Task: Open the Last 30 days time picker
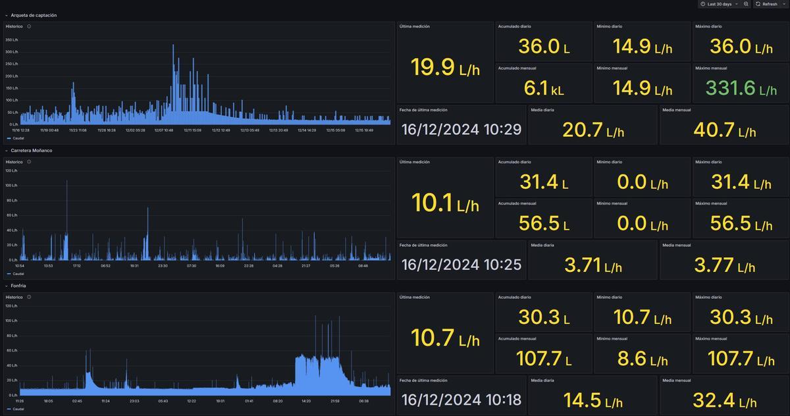pos(719,4)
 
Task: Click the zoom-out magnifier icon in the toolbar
pos(746,4)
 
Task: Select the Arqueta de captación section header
pos(34,15)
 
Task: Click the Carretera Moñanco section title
pos(32,151)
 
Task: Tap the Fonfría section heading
pos(18,286)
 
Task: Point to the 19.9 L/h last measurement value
pos(445,67)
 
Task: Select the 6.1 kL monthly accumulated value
pos(543,88)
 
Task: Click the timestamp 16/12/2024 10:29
pos(461,129)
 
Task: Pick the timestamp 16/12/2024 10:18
pos(461,400)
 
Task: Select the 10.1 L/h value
pos(445,203)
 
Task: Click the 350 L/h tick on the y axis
pos(12,39)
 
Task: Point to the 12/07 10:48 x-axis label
pos(164,130)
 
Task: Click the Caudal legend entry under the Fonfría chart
pos(18,409)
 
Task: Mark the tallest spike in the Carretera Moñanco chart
pos(66,182)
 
